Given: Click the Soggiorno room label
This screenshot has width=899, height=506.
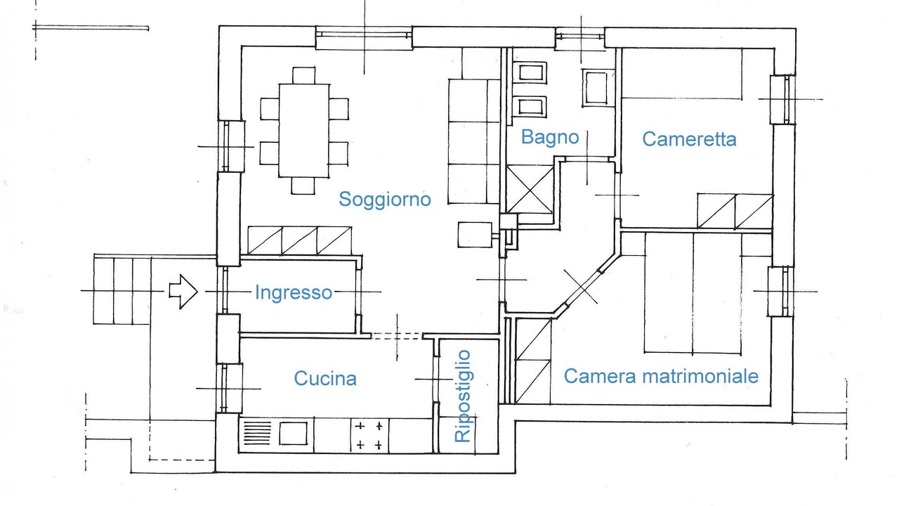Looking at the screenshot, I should (x=384, y=199).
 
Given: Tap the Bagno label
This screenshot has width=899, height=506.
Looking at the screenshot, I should (x=549, y=136).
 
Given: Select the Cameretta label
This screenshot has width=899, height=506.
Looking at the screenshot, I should (x=689, y=139).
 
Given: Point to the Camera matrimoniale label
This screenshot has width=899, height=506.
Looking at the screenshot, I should (x=661, y=376).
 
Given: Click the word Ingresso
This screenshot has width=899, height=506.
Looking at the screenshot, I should (x=293, y=292).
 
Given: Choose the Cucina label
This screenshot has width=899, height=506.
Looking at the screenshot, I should (x=324, y=379).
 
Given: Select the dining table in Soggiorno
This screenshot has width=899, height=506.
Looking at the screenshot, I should (x=303, y=130).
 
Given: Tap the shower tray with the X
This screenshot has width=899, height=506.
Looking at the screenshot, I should (x=530, y=189).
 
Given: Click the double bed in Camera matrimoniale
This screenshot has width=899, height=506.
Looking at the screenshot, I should (x=693, y=294).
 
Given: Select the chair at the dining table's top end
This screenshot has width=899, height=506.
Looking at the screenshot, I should (x=303, y=75).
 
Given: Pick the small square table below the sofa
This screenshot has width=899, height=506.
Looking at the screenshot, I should (x=474, y=234).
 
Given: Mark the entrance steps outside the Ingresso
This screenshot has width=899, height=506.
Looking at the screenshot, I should (x=122, y=290).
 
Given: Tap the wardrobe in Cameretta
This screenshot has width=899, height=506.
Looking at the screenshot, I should (x=735, y=212).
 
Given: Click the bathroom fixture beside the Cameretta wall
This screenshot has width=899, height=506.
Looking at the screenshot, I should (x=598, y=88).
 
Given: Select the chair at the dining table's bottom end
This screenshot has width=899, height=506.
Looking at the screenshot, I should (x=303, y=185).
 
